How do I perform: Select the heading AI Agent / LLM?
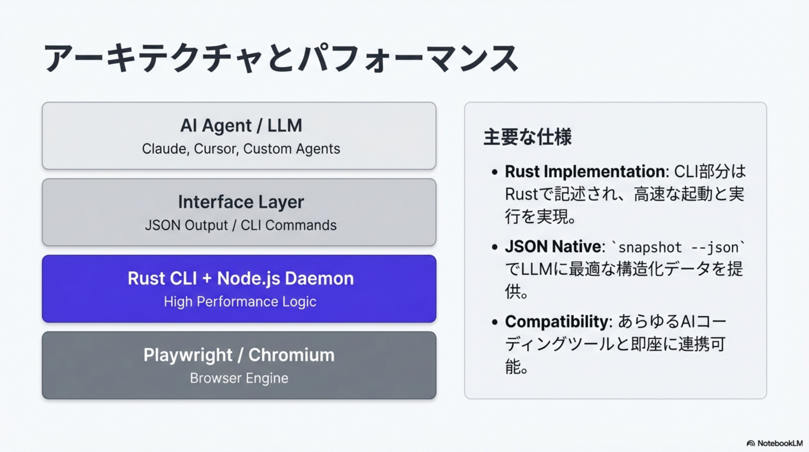tap(241, 125)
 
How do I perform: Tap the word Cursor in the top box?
tap(216, 149)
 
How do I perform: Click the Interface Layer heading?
tap(241, 202)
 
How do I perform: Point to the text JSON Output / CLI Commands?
tap(240, 225)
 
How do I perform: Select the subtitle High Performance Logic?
tap(240, 302)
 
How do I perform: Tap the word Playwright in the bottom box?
tap(188, 355)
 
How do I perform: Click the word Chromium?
tap(291, 355)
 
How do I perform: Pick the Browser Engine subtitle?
tap(239, 378)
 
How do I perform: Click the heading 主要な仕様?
tap(527, 137)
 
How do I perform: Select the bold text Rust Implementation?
tap(585, 172)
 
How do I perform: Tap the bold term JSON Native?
tap(553, 246)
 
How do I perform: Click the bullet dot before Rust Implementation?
tap(495, 172)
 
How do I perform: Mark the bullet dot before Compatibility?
tap(495, 322)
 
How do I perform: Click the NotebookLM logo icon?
tap(751, 443)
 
